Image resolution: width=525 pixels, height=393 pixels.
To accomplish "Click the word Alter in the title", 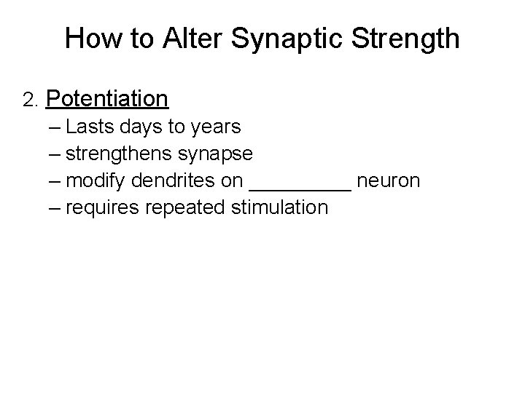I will tap(191, 38).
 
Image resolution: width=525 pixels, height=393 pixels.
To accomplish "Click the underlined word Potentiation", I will tap(107, 98).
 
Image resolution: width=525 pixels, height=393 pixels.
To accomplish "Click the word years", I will tap(215, 128).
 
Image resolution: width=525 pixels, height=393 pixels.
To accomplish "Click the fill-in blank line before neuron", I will tap(300, 187).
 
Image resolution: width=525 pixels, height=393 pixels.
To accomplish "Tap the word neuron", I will tap(389, 180).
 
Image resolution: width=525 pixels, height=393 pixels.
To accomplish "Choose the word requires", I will tap(102, 208).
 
